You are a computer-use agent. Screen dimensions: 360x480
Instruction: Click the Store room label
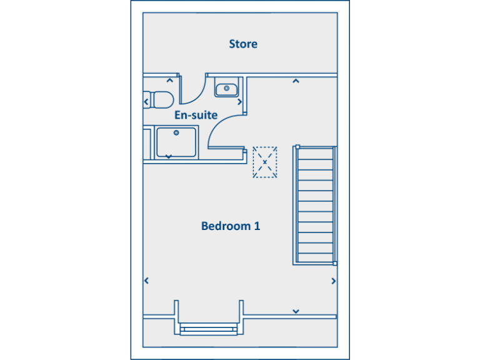pos(243,44)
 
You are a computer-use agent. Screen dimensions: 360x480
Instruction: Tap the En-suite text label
pos(196,115)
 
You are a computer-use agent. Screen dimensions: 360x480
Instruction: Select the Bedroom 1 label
pos(231,226)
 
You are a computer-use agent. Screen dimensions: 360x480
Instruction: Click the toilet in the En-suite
pos(159,100)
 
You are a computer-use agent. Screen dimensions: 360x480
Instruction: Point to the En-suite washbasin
pos(226,89)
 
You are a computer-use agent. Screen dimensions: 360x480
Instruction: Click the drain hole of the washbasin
pos(226,88)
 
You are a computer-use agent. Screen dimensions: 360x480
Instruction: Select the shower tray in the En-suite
pos(177,142)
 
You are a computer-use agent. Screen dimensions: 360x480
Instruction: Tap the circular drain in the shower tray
pos(177,132)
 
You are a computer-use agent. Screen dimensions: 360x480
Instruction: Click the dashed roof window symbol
pos(265,162)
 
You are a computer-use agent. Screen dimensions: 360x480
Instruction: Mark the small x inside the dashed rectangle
pos(265,162)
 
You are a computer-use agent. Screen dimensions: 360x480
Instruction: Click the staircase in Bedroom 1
pos(315,205)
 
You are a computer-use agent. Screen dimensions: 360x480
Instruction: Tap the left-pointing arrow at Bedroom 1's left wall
pos(146,281)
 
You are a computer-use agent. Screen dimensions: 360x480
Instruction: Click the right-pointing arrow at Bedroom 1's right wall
pos(334,281)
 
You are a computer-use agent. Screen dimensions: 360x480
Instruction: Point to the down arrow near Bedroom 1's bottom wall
pos(296,311)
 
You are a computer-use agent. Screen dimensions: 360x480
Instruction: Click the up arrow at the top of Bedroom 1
pos(296,80)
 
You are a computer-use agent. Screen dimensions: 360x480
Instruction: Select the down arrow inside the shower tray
pos(168,156)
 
